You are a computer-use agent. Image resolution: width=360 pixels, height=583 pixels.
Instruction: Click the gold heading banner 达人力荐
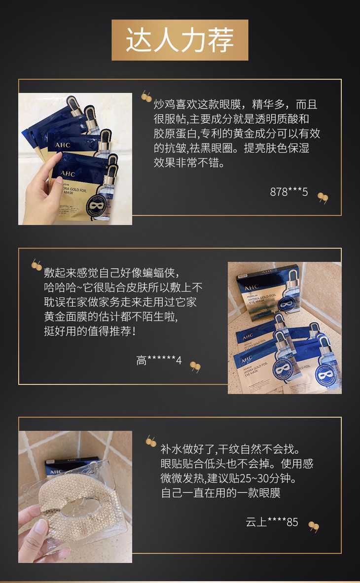(180, 40)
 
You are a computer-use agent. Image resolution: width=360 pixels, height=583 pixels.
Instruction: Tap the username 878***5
(289, 192)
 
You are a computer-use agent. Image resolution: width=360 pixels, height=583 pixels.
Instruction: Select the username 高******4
(159, 360)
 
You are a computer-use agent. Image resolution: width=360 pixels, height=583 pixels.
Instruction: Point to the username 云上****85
(272, 522)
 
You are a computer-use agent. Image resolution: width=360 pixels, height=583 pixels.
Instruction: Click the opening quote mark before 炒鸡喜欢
(146, 97)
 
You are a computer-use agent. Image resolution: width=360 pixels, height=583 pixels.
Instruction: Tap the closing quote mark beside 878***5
(323, 198)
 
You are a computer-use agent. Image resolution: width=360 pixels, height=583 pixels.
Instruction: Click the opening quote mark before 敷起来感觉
(36, 265)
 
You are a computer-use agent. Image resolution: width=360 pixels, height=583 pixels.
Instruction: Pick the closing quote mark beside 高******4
(195, 367)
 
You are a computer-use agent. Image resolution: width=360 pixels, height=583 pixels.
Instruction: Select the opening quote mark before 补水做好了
(150, 441)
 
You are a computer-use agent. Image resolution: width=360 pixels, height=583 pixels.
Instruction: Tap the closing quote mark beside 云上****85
(314, 527)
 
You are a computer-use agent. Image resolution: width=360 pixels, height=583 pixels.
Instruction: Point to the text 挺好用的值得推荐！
(90, 331)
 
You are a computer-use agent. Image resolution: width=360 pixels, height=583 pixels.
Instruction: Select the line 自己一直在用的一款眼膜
(220, 493)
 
